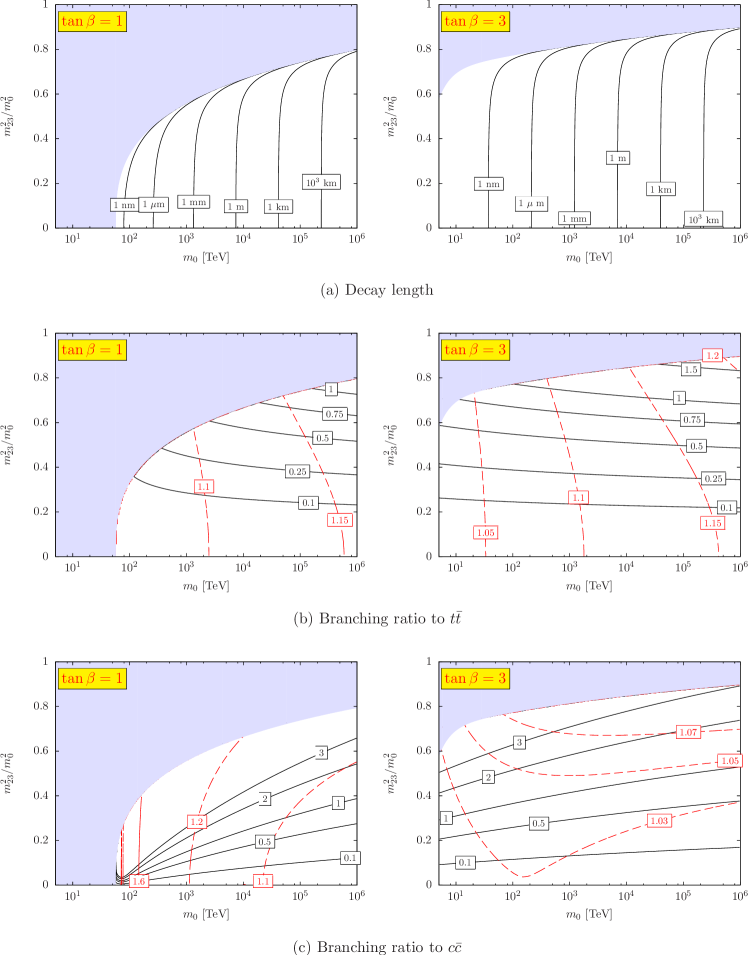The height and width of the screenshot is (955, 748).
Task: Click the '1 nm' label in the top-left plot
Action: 124,205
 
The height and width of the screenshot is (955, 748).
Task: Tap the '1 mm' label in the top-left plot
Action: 193,202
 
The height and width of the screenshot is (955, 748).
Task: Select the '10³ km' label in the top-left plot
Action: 321,182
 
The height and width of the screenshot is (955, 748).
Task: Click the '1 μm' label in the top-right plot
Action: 531,204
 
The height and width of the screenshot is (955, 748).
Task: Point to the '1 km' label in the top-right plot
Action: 659,189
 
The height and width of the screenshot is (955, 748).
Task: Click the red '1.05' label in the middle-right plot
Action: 487,533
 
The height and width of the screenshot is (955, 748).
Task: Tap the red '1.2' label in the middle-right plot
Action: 713,356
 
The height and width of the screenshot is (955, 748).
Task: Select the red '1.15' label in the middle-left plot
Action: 340,520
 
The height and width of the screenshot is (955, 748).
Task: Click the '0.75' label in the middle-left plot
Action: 334,414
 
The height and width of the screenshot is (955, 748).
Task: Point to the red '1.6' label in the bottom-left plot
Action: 139,881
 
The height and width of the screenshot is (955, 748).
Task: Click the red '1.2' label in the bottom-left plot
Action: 197,821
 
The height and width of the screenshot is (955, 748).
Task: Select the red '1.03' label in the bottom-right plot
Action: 659,821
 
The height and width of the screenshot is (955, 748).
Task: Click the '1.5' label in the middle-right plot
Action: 690,370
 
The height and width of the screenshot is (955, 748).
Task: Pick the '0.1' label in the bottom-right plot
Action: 466,862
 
